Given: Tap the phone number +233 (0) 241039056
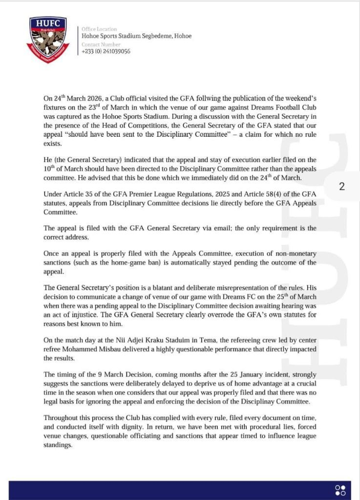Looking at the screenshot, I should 106,51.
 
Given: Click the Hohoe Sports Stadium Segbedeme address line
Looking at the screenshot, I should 136,36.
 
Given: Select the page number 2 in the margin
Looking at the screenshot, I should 341,186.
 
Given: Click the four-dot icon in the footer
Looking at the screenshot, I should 340,490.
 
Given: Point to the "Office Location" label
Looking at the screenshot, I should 99,29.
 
